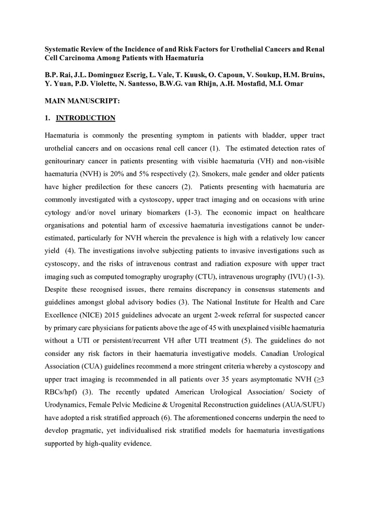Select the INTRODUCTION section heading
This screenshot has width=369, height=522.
tap(86, 118)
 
